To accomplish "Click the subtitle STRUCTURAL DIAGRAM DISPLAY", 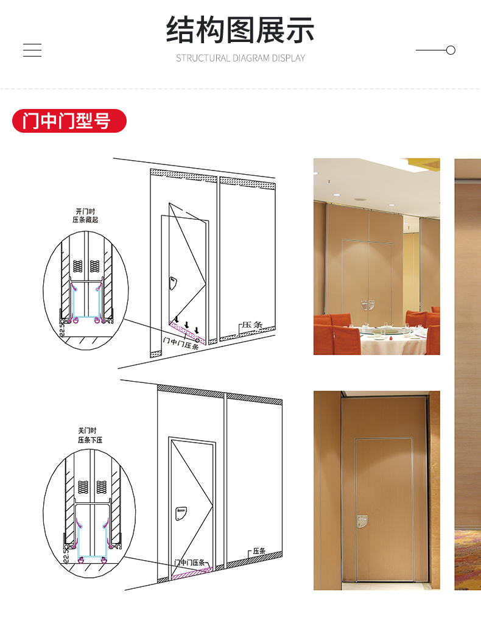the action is pos(240,58).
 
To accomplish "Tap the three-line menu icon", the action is pos(32,50).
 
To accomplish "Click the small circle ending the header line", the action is pos(451,50).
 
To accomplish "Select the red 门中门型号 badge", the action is pos(69,121).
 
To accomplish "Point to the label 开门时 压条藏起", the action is pos(85,216).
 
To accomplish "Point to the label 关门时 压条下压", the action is pos(90,435).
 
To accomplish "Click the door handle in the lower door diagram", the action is pos(181,513).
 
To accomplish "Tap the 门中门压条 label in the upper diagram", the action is pos(181,343).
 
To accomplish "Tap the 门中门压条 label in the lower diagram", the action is pos(189,562).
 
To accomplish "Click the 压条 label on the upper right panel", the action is pos(252,325).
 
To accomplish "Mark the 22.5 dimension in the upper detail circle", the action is pos(61,329).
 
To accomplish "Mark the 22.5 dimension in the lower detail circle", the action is pos(66,554).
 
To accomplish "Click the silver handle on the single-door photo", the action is pos(362,522).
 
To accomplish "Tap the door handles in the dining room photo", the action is pos(368,305).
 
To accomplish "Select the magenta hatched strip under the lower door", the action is pos(192,573).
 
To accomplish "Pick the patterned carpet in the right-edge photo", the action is pos(468,560).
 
